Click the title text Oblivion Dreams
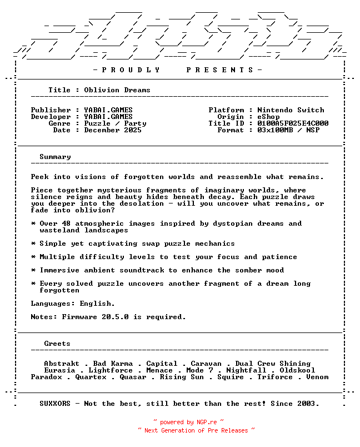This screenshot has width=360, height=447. click(x=117, y=90)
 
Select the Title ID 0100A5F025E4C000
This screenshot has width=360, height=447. click(x=293, y=123)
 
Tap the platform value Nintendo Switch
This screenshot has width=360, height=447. click(x=291, y=110)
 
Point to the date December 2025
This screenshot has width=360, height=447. click(x=113, y=130)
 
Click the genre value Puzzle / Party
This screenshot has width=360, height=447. click(x=115, y=123)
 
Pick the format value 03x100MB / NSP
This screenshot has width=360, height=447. click(x=288, y=130)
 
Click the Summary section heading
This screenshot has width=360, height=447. click(x=55, y=157)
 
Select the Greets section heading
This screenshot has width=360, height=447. click(x=57, y=344)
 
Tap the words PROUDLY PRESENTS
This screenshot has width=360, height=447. click(x=177, y=70)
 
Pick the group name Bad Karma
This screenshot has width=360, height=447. click(x=113, y=364)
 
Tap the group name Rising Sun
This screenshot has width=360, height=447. click(x=182, y=377)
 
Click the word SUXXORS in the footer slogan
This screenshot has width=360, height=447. click(x=55, y=404)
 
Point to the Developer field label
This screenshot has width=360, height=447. click(x=51, y=117)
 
